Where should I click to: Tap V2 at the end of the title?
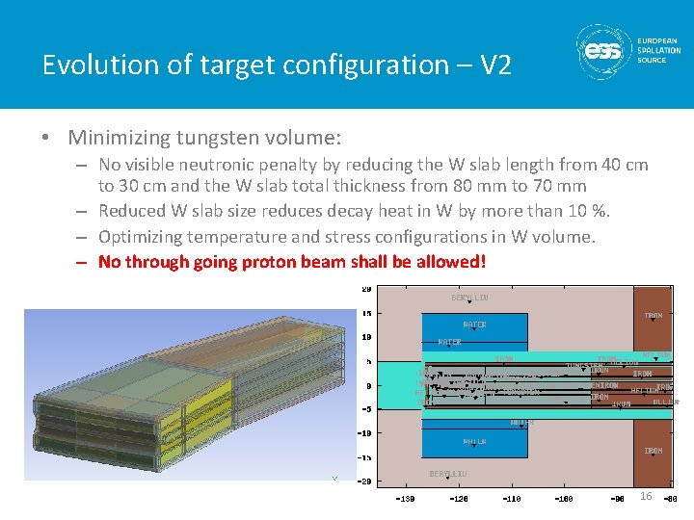(495, 65)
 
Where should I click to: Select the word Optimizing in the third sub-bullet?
(143, 236)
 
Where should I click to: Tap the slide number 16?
(646, 496)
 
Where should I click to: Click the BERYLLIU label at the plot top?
(469, 298)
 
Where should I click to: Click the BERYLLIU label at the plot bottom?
(448, 473)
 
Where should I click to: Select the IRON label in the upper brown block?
(654, 315)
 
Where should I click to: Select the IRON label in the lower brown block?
(654, 450)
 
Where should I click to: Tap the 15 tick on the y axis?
(366, 313)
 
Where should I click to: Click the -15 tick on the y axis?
(365, 456)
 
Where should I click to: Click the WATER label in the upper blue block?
(474, 325)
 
